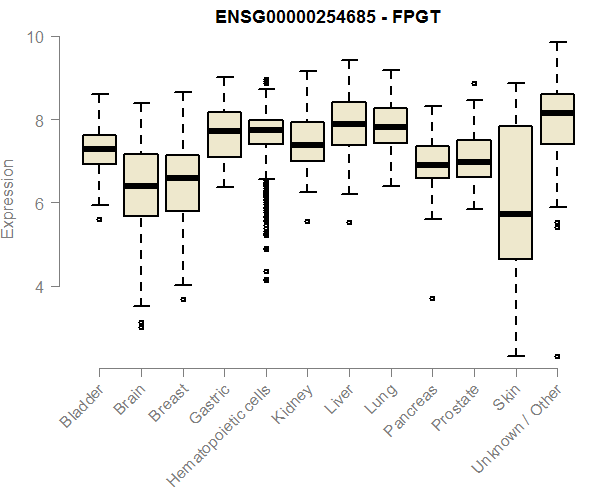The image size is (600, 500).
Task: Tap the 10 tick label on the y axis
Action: click(37, 37)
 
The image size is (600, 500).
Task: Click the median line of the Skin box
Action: click(515, 214)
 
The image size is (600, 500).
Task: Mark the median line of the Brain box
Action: click(141, 186)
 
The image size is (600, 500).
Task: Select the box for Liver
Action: click(349, 123)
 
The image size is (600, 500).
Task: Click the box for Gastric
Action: click(224, 134)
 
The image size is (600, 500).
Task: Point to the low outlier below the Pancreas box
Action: click(432, 298)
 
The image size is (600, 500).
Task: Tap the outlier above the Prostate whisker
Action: click(474, 84)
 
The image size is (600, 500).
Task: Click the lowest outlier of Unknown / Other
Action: click(557, 356)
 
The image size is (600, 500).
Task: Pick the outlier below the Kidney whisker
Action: click(307, 221)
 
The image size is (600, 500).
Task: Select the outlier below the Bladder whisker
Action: click(99, 218)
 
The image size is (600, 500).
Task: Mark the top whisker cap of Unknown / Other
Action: click(557, 42)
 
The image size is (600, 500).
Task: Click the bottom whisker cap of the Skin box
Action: click(515, 355)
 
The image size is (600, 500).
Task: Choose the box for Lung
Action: click(390, 125)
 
